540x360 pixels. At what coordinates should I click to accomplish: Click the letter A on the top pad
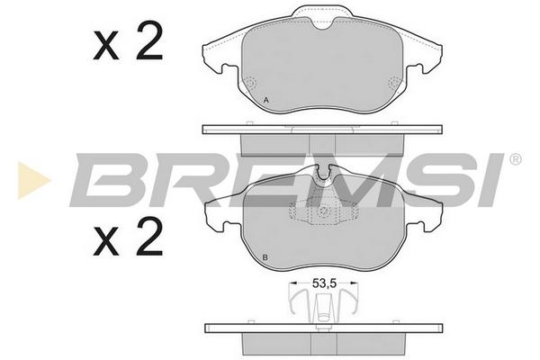[265, 101]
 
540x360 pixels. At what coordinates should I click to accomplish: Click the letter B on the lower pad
[265, 257]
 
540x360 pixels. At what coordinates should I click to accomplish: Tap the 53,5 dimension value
[324, 283]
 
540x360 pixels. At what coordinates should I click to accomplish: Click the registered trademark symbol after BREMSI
[515, 159]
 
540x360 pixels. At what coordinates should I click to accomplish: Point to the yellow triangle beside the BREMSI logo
[32, 180]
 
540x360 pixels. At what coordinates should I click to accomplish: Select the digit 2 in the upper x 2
[149, 40]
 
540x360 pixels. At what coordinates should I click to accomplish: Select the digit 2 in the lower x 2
[149, 236]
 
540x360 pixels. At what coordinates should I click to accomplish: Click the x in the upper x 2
[105, 46]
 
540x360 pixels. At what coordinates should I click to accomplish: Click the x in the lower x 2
[105, 241]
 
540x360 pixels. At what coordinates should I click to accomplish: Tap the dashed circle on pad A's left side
[251, 83]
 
